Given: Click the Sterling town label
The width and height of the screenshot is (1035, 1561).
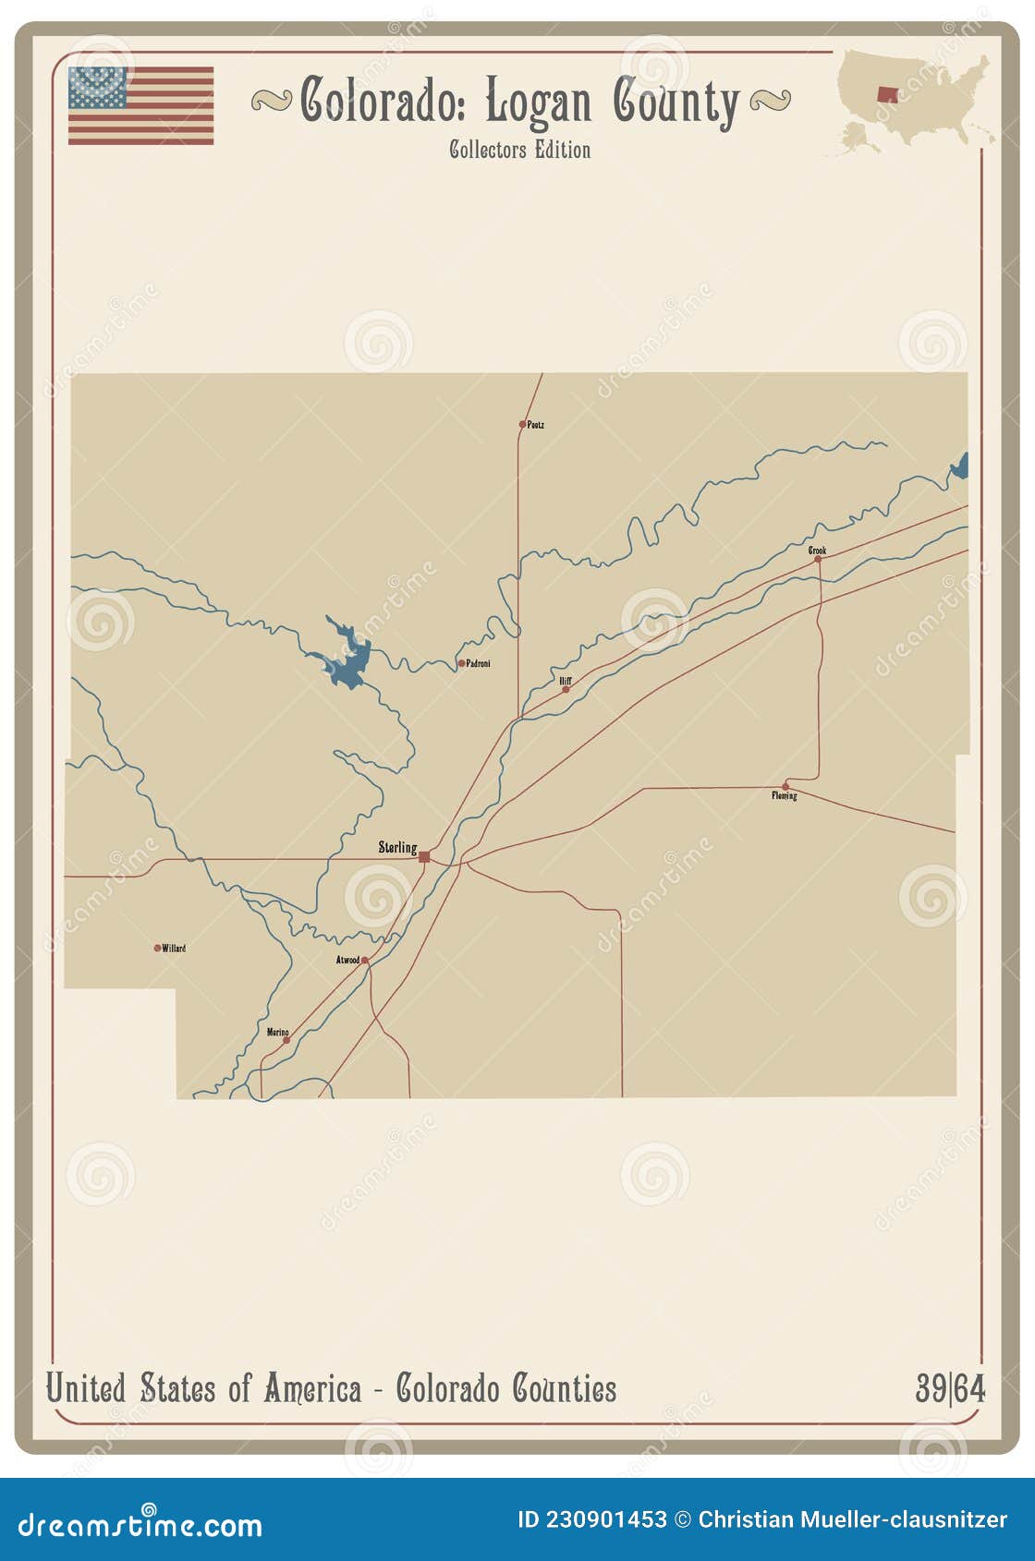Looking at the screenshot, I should [x=397, y=847].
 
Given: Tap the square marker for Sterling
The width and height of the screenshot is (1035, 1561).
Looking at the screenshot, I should [x=424, y=857].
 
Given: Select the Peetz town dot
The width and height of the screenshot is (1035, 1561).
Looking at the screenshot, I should [x=522, y=425].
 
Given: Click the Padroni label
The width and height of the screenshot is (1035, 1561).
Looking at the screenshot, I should [x=478, y=663].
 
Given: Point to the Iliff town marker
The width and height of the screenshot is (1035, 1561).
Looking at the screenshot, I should [x=566, y=689].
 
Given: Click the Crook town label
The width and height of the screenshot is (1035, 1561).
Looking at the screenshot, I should [x=817, y=551].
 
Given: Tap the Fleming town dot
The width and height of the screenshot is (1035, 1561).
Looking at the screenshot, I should [x=785, y=786].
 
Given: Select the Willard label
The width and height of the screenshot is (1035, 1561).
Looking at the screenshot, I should [x=174, y=948].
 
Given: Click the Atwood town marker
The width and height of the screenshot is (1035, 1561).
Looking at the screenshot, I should [x=365, y=961].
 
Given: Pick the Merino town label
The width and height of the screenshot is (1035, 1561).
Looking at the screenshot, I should [x=277, y=1032].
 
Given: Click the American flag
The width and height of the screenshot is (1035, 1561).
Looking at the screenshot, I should [x=140, y=105].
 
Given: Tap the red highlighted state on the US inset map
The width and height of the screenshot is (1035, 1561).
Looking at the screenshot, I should [x=887, y=94].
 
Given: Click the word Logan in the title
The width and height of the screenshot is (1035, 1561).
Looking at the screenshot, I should [x=538, y=102].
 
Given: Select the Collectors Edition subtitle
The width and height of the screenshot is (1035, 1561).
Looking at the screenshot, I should [x=519, y=150].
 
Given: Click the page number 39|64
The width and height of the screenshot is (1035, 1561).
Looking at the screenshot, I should [x=950, y=1388].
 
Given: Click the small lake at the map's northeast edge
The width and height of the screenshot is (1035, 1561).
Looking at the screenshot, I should [x=960, y=467].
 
